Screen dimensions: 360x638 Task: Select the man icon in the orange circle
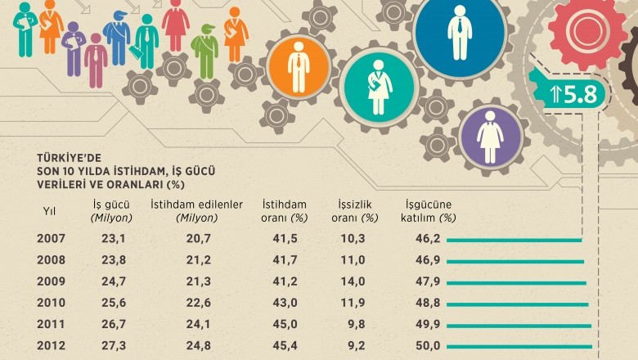[x=298, y=67]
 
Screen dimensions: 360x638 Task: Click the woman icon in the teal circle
[x=379, y=88]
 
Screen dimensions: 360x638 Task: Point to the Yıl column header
[x=50, y=211]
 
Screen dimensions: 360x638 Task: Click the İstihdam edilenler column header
[x=196, y=211]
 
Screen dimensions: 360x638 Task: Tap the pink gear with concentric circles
[x=587, y=30]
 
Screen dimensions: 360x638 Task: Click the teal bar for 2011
[x=519, y=326]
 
